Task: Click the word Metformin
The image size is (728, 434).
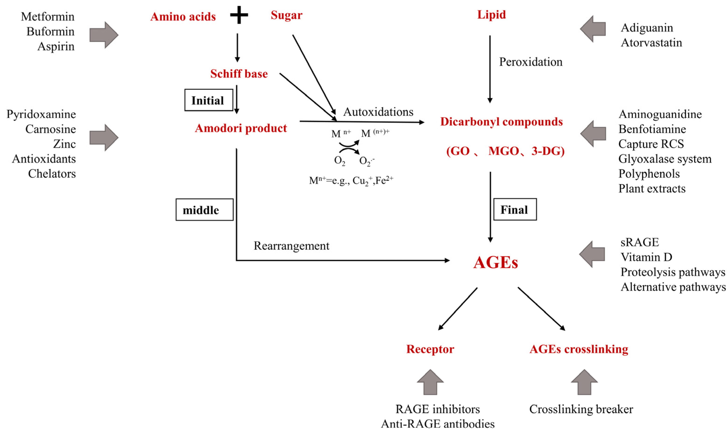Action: coord(48,17)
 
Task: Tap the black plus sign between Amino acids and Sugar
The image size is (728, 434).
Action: coord(239,15)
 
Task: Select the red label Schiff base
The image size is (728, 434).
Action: coord(239,74)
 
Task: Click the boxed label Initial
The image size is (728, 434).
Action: coord(208,100)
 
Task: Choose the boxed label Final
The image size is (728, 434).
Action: coord(515,210)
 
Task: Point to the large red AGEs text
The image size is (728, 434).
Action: coord(496,262)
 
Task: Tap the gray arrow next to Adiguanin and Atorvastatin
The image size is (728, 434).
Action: coord(593,29)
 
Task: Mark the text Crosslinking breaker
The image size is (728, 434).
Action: coord(581,409)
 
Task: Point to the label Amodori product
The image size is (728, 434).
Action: coord(241,128)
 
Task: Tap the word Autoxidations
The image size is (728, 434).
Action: coord(378,112)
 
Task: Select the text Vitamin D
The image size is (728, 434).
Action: coord(646,257)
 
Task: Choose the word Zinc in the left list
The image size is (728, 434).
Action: coord(64,144)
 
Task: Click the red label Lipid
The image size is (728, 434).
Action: coord(491,15)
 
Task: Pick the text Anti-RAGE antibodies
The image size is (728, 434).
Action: coord(438,424)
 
